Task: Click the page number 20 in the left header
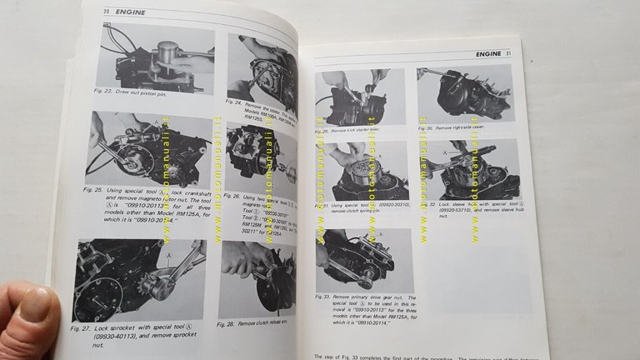(x=107, y=12)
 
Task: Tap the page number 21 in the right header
(x=507, y=54)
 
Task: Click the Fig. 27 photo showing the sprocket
(x=137, y=280)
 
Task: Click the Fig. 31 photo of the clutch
(x=362, y=171)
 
